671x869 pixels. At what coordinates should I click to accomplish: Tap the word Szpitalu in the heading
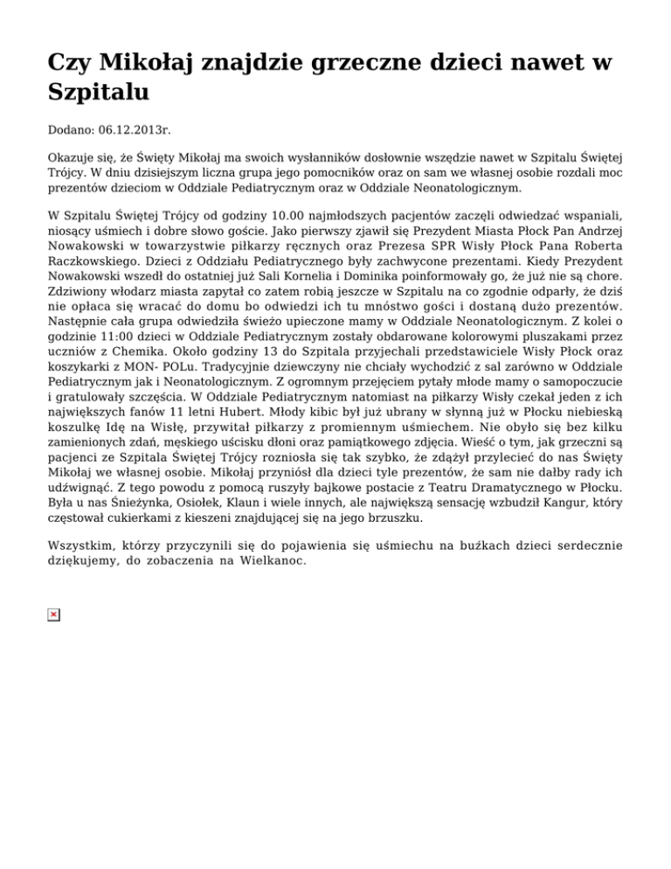pyautogui.click(x=100, y=93)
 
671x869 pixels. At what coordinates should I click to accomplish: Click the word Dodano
pyautogui.click(x=71, y=129)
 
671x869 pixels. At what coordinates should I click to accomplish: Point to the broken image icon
pyautogui.click(x=53, y=615)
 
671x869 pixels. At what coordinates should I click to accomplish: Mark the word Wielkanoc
pyautogui.click(x=260, y=561)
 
